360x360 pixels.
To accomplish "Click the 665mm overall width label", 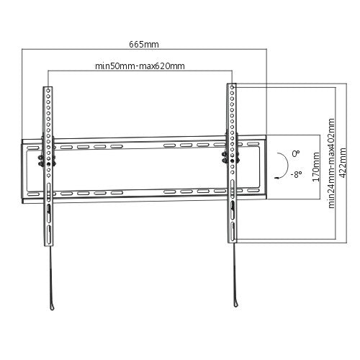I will tap(144, 44).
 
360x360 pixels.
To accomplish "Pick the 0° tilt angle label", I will tap(295, 153).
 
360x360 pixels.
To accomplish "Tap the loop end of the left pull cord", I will tap(53, 307).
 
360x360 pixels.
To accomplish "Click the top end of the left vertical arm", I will tap(48, 87).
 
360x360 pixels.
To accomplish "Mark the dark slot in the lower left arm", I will tap(48, 210).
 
